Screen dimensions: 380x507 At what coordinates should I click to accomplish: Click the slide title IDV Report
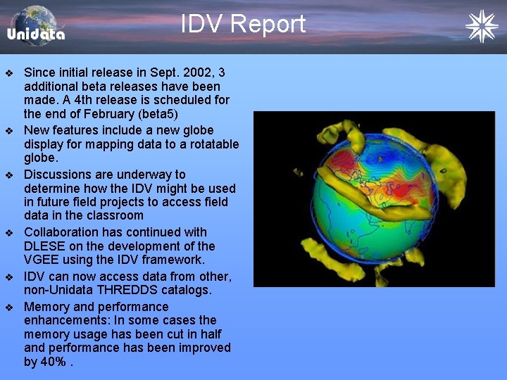tap(243, 24)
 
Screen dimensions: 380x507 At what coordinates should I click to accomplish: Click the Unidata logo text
tap(36, 34)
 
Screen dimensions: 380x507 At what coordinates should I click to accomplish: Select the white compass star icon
tap(481, 26)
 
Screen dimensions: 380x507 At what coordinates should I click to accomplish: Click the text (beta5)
tap(158, 114)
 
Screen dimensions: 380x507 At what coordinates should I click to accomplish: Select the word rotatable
tap(206, 144)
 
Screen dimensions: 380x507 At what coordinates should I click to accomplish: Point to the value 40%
tap(55, 362)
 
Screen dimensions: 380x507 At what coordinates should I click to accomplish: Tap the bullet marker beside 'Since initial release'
tap(9, 73)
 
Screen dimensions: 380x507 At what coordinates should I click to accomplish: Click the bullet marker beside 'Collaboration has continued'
tap(9, 232)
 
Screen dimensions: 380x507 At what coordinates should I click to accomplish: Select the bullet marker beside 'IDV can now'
tap(9, 277)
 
